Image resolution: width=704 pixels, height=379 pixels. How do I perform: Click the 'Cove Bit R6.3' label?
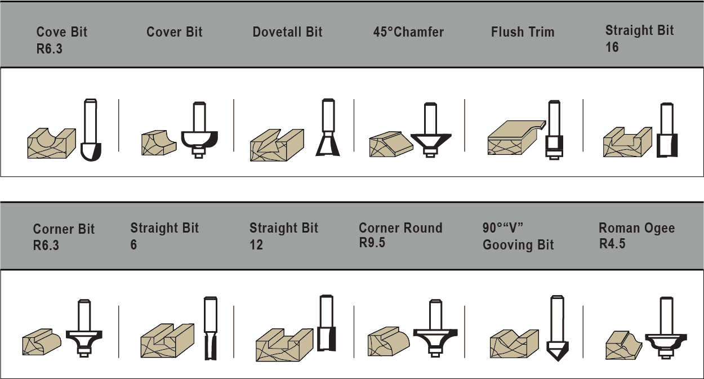62,40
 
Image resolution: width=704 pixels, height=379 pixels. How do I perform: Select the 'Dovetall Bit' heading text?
288,32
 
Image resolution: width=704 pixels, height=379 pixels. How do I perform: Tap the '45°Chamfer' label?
408,32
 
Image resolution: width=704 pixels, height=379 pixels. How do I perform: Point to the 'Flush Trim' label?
523,32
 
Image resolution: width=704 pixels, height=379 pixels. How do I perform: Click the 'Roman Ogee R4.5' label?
637,236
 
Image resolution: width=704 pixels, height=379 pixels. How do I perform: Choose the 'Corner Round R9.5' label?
400,235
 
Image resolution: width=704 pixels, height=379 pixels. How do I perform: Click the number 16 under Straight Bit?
612,47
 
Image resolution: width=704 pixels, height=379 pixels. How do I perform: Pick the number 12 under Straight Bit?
256,245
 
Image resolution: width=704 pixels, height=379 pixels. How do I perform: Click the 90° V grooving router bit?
558,328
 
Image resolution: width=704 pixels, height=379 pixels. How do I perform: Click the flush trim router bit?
554,130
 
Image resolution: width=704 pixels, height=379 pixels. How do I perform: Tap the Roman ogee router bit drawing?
666,328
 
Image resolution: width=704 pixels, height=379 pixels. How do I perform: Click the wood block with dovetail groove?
277,145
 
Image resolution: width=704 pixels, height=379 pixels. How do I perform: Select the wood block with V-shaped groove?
514,344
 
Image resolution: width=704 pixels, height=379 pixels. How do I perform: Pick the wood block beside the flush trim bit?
516,137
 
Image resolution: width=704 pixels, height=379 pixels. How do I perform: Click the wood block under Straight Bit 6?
167,341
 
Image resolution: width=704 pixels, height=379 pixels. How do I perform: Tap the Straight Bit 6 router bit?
210,328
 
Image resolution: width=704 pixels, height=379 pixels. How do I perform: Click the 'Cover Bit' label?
175,32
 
